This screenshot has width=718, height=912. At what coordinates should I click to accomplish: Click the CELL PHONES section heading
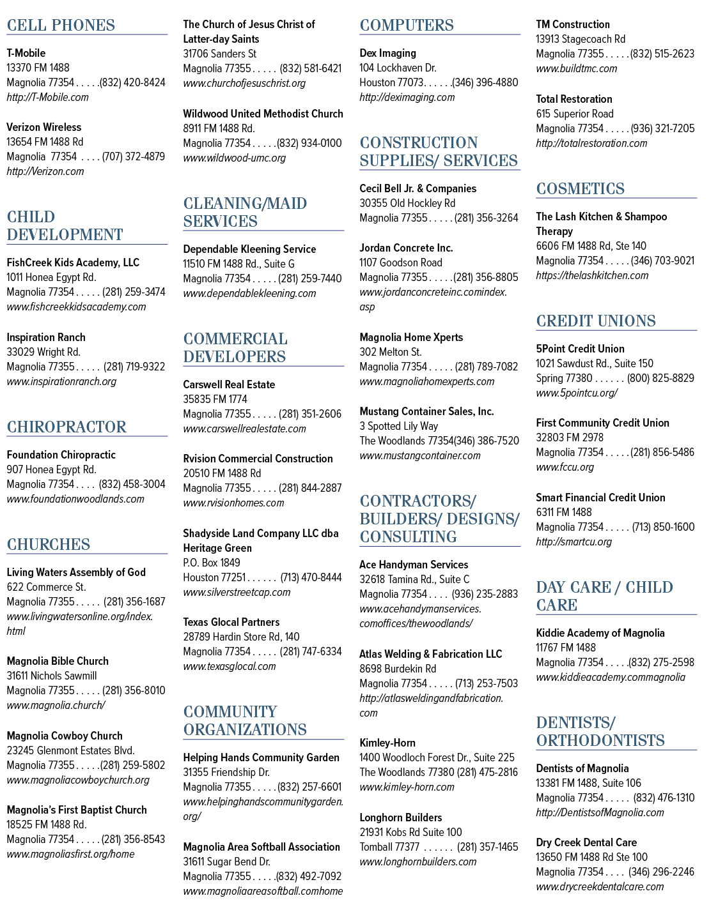tap(61, 26)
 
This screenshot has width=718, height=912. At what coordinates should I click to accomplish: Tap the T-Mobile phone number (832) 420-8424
tap(132, 82)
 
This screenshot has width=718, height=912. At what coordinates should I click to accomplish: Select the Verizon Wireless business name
tap(43, 127)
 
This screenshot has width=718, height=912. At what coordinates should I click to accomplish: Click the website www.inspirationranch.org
tap(61, 381)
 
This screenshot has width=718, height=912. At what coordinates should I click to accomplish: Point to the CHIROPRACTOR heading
tap(66, 427)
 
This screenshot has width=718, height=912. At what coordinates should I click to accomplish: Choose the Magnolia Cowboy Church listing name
tap(65, 736)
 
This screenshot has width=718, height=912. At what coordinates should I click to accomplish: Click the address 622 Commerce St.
tap(46, 587)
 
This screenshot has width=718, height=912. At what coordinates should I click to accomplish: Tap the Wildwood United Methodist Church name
tap(263, 114)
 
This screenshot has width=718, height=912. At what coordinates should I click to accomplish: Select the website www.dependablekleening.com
tap(249, 293)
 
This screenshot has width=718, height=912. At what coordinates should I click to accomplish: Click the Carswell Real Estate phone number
tap(310, 414)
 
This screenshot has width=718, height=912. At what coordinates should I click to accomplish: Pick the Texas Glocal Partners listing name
tap(231, 622)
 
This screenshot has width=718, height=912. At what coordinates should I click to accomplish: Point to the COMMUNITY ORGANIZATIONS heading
tap(246, 720)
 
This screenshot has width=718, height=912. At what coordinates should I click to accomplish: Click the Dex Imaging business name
tap(388, 53)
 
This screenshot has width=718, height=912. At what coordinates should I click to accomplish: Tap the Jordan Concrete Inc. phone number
tap(485, 277)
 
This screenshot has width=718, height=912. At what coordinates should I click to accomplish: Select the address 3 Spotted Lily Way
tap(399, 426)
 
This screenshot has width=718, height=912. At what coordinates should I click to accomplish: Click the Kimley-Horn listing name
tap(387, 743)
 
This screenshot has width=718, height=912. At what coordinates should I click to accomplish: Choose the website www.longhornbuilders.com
tap(418, 862)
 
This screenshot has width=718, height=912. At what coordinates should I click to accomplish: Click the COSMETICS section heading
tap(580, 188)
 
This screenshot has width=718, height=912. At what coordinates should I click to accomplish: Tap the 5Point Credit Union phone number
tap(660, 378)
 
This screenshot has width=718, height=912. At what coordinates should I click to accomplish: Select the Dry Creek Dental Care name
tap(586, 842)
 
